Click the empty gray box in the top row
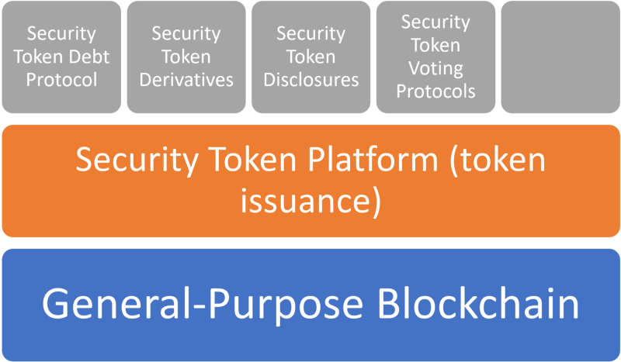tap(559, 57)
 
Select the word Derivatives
tap(186, 79)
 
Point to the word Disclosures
tap(310, 79)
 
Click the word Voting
tap(435, 68)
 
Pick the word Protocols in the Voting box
tap(435, 91)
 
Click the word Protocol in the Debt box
tap(61, 79)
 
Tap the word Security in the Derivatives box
tap(186, 34)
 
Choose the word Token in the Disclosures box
tap(310, 57)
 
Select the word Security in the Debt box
tap(61, 34)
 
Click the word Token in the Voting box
tap(435, 45)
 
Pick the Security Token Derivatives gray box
tap(186, 57)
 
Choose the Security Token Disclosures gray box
tap(310, 57)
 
